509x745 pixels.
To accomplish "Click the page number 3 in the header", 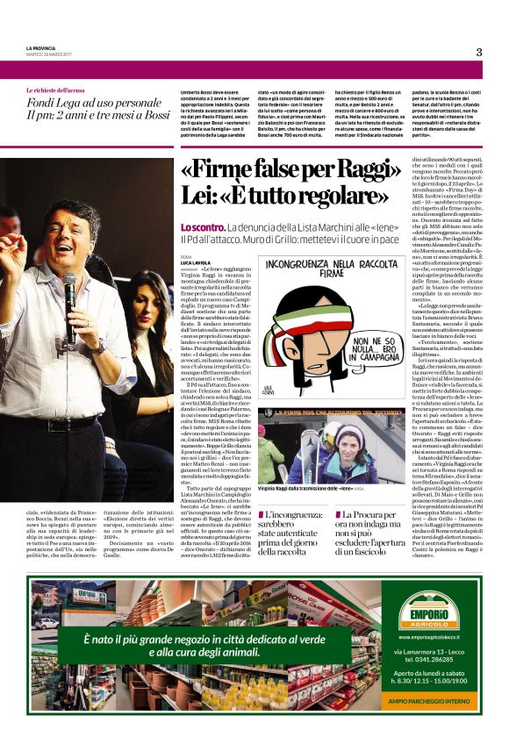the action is (479, 52).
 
